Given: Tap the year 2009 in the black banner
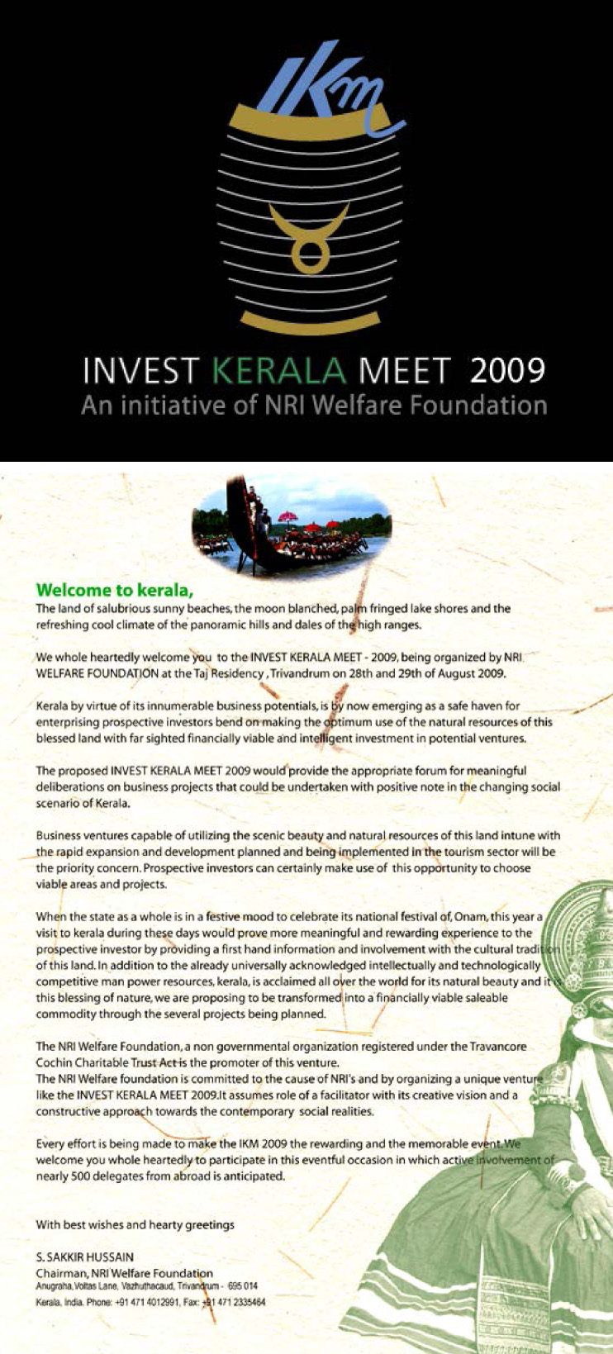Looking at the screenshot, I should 507,370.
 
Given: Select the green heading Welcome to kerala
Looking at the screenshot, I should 114,590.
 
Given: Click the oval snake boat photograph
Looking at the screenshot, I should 292,525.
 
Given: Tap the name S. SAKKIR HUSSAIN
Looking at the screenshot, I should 85,1257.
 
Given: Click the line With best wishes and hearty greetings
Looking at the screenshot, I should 135,1224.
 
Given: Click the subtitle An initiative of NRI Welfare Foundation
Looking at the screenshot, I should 314,406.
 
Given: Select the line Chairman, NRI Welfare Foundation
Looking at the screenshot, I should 124,1273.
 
